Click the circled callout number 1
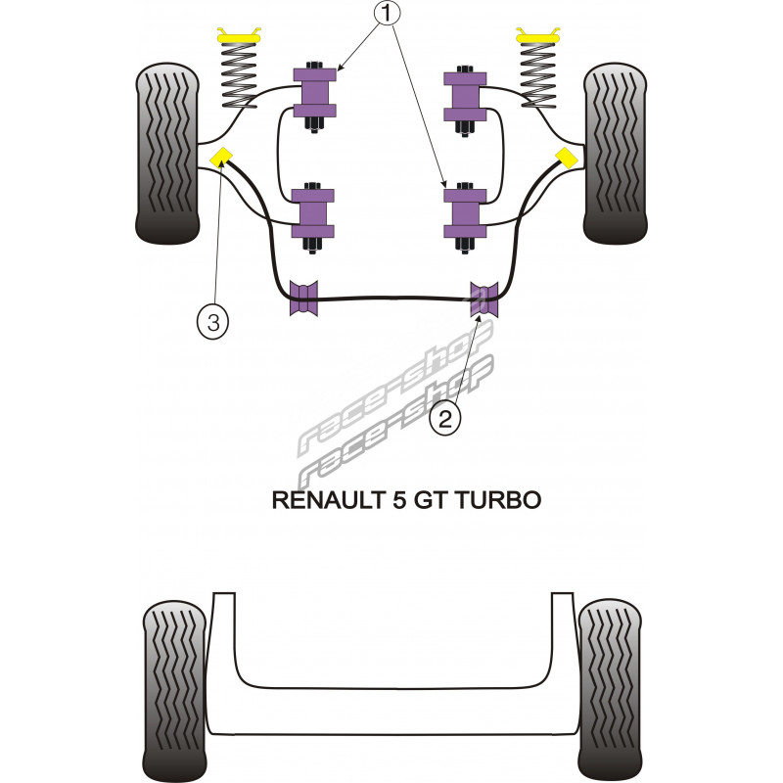(390, 15)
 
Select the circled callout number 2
(444, 419)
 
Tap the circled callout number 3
(212, 319)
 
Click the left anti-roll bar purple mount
(304, 299)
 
